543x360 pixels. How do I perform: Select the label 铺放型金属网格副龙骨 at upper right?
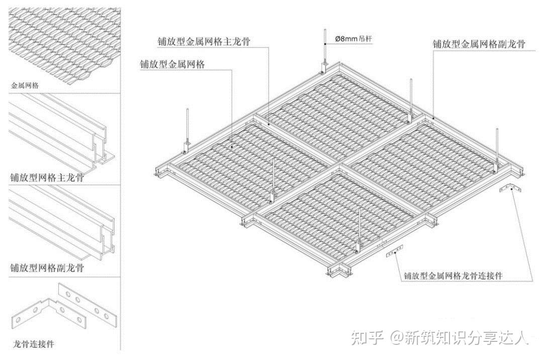pos(479,44)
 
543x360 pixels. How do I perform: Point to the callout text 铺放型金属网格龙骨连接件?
pos(453,276)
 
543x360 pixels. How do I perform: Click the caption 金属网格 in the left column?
pos(25,85)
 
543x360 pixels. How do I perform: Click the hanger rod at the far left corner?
pos(188,128)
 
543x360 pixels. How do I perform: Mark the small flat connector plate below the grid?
pos(395,251)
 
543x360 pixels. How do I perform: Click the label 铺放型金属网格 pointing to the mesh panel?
pos(172,64)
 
